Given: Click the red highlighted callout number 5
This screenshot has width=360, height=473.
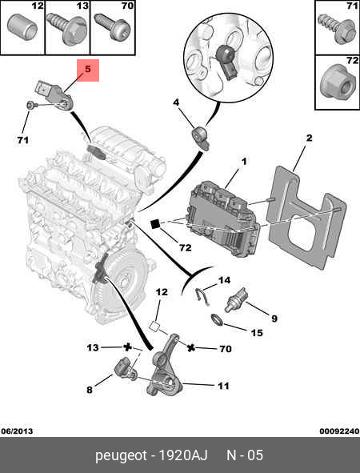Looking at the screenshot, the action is point(88,69).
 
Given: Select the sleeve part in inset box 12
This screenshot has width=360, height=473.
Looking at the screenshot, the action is point(22,26).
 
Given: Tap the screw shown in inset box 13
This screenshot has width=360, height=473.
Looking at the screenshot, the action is point(66,30).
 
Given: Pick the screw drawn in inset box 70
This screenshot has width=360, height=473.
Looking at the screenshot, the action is point(112,27).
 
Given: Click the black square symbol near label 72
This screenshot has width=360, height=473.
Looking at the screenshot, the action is point(155,224).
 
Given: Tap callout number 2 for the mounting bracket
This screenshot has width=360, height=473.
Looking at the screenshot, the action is point(309,138).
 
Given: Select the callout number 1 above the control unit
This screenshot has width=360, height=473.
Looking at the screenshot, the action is point(244,162).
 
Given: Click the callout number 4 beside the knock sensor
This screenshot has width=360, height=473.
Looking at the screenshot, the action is point(176,102).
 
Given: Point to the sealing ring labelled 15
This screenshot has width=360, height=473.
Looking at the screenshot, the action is point(217,320).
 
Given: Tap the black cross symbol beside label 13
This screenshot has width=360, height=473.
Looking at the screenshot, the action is point(127,347).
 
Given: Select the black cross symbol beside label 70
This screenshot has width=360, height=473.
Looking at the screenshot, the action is point(190,348).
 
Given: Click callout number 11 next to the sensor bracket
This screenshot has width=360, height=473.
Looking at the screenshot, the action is point(223,386).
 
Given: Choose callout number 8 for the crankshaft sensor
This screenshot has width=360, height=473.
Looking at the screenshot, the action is point(90,390).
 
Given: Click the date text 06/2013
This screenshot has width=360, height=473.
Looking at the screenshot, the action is point(17,431).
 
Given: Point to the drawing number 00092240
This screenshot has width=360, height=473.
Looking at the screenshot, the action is point(339,431).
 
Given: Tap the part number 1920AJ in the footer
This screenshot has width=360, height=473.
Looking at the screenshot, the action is point(183,455).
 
